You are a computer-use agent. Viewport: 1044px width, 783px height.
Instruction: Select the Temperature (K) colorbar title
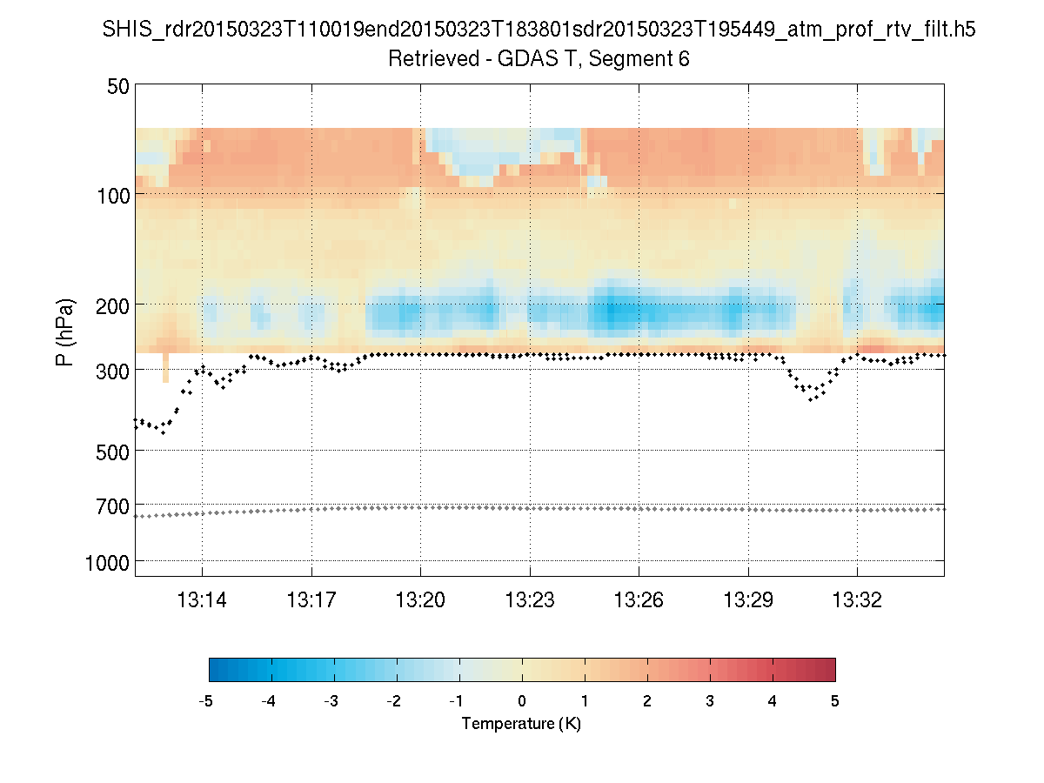[x=521, y=724]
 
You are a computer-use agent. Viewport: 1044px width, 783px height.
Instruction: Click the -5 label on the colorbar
[x=207, y=701]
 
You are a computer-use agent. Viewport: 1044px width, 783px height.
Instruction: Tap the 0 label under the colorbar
[x=522, y=701]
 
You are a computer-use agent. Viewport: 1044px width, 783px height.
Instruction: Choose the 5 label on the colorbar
[x=835, y=701]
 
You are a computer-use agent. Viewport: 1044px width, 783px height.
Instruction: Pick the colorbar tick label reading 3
[x=710, y=701]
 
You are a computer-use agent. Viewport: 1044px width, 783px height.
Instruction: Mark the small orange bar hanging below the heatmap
[x=166, y=367]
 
